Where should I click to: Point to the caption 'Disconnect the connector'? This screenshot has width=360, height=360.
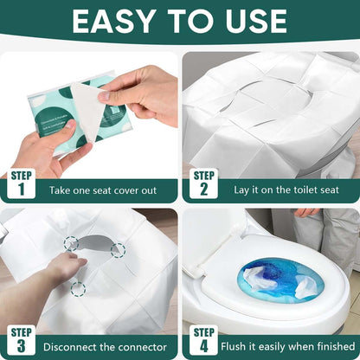click(x=105, y=344)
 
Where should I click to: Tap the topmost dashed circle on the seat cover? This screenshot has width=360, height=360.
click(x=71, y=243)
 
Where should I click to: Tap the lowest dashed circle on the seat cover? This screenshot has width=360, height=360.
click(x=78, y=287)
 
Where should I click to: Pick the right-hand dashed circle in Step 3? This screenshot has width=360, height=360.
click(x=118, y=250)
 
